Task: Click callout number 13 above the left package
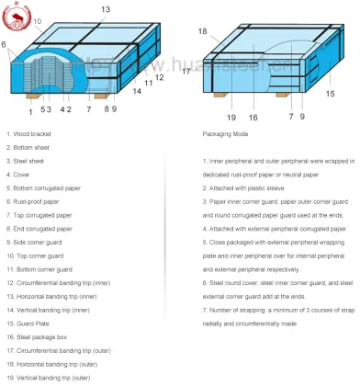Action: (x=105, y=9)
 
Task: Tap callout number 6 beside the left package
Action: (x=5, y=43)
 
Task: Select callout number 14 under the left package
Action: (x=136, y=92)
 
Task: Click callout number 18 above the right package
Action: (x=202, y=31)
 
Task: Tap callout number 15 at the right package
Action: (x=330, y=93)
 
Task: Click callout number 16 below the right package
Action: (x=253, y=117)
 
